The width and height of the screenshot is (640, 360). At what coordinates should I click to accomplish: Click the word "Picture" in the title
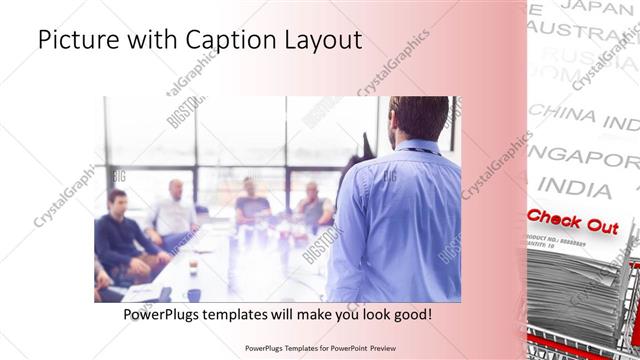pyautogui.click(x=79, y=41)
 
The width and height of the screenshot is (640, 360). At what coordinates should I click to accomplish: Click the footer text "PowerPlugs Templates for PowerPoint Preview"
pyautogui.click(x=320, y=348)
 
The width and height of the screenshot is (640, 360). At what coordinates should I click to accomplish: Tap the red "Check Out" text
pyautogui.click(x=572, y=222)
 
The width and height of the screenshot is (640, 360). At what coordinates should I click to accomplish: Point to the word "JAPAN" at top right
pyautogui.click(x=600, y=7)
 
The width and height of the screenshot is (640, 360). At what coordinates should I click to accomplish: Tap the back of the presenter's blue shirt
pyautogui.click(x=405, y=220)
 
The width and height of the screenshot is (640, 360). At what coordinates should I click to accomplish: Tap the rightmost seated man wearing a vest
pyautogui.click(x=314, y=205)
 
